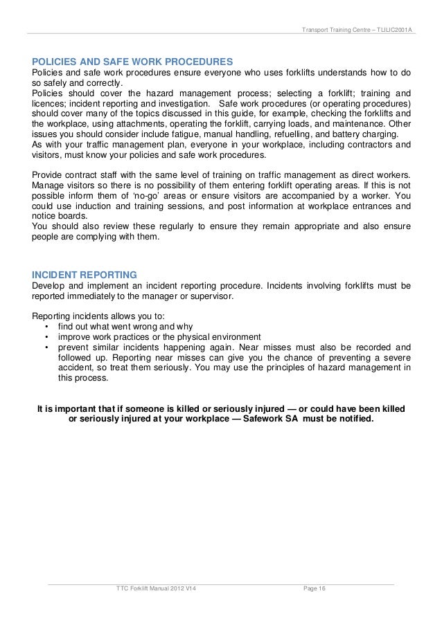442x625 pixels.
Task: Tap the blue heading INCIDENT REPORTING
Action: (x=85, y=273)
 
